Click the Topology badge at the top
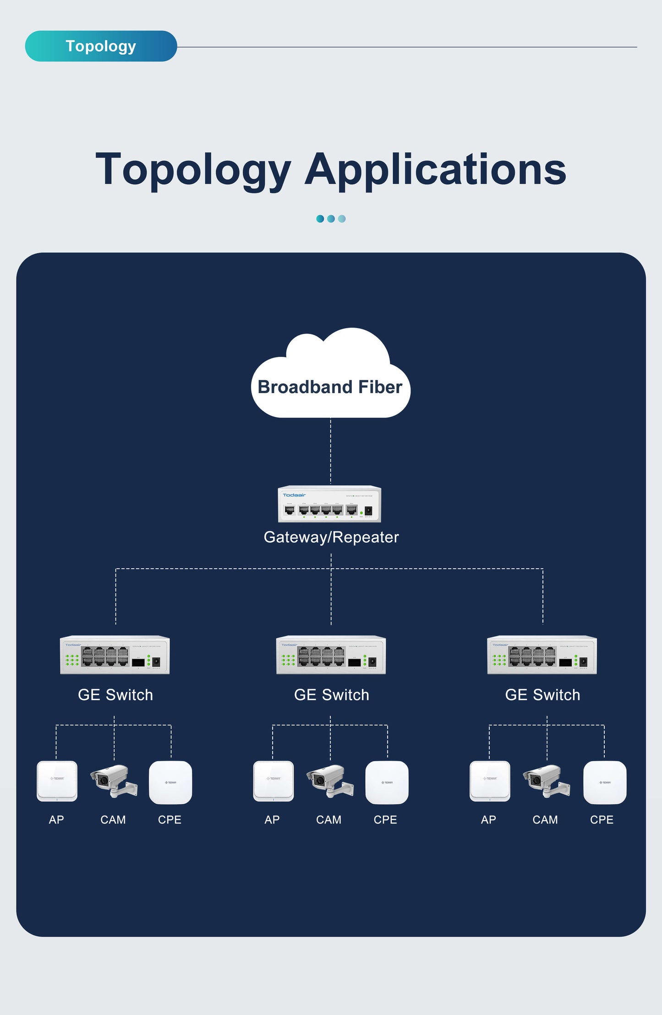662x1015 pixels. pyautogui.click(x=101, y=46)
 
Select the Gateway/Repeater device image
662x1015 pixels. pyautogui.click(x=329, y=504)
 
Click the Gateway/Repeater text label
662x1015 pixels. pyautogui.click(x=331, y=537)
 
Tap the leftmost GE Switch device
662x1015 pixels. pyautogui.click(x=115, y=655)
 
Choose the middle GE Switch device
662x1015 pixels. pyautogui.click(x=331, y=655)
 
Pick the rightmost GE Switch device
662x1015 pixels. pyautogui.click(x=542, y=655)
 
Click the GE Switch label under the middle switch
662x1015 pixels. pyautogui.click(x=331, y=695)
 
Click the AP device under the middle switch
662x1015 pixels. pyautogui.click(x=274, y=781)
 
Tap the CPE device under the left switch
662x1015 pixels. pyautogui.click(x=170, y=782)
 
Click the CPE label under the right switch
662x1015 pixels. pyautogui.click(x=602, y=820)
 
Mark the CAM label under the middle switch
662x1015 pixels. pyautogui.click(x=328, y=820)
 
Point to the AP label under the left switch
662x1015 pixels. pyautogui.click(x=56, y=820)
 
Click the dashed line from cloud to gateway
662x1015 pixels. pyautogui.click(x=331, y=451)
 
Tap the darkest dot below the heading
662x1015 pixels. pyautogui.click(x=320, y=219)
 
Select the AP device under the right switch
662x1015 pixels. pyautogui.click(x=490, y=781)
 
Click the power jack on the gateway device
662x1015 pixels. pyautogui.click(x=368, y=510)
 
